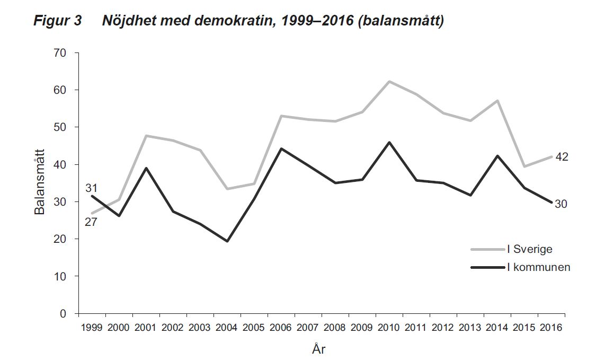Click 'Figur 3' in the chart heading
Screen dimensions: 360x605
[x=57, y=22]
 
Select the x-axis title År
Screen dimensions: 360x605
[x=322, y=350]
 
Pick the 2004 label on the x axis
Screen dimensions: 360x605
[x=227, y=328]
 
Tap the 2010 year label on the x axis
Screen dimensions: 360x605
[x=389, y=328]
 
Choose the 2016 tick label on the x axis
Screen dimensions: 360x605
[x=551, y=328]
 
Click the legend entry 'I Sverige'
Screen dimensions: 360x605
[x=530, y=249]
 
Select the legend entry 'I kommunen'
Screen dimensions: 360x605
[x=538, y=267]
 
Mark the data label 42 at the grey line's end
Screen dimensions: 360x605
[x=562, y=157]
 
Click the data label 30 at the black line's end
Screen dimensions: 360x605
[x=562, y=204]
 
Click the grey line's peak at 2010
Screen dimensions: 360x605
[x=389, y=82]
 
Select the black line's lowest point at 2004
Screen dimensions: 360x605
[x=227, y=241]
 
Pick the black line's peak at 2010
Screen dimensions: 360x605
[x=389, y=142]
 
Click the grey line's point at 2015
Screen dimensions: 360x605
[x=524, y=166]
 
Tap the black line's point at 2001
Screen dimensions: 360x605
[x=146, y=168]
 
